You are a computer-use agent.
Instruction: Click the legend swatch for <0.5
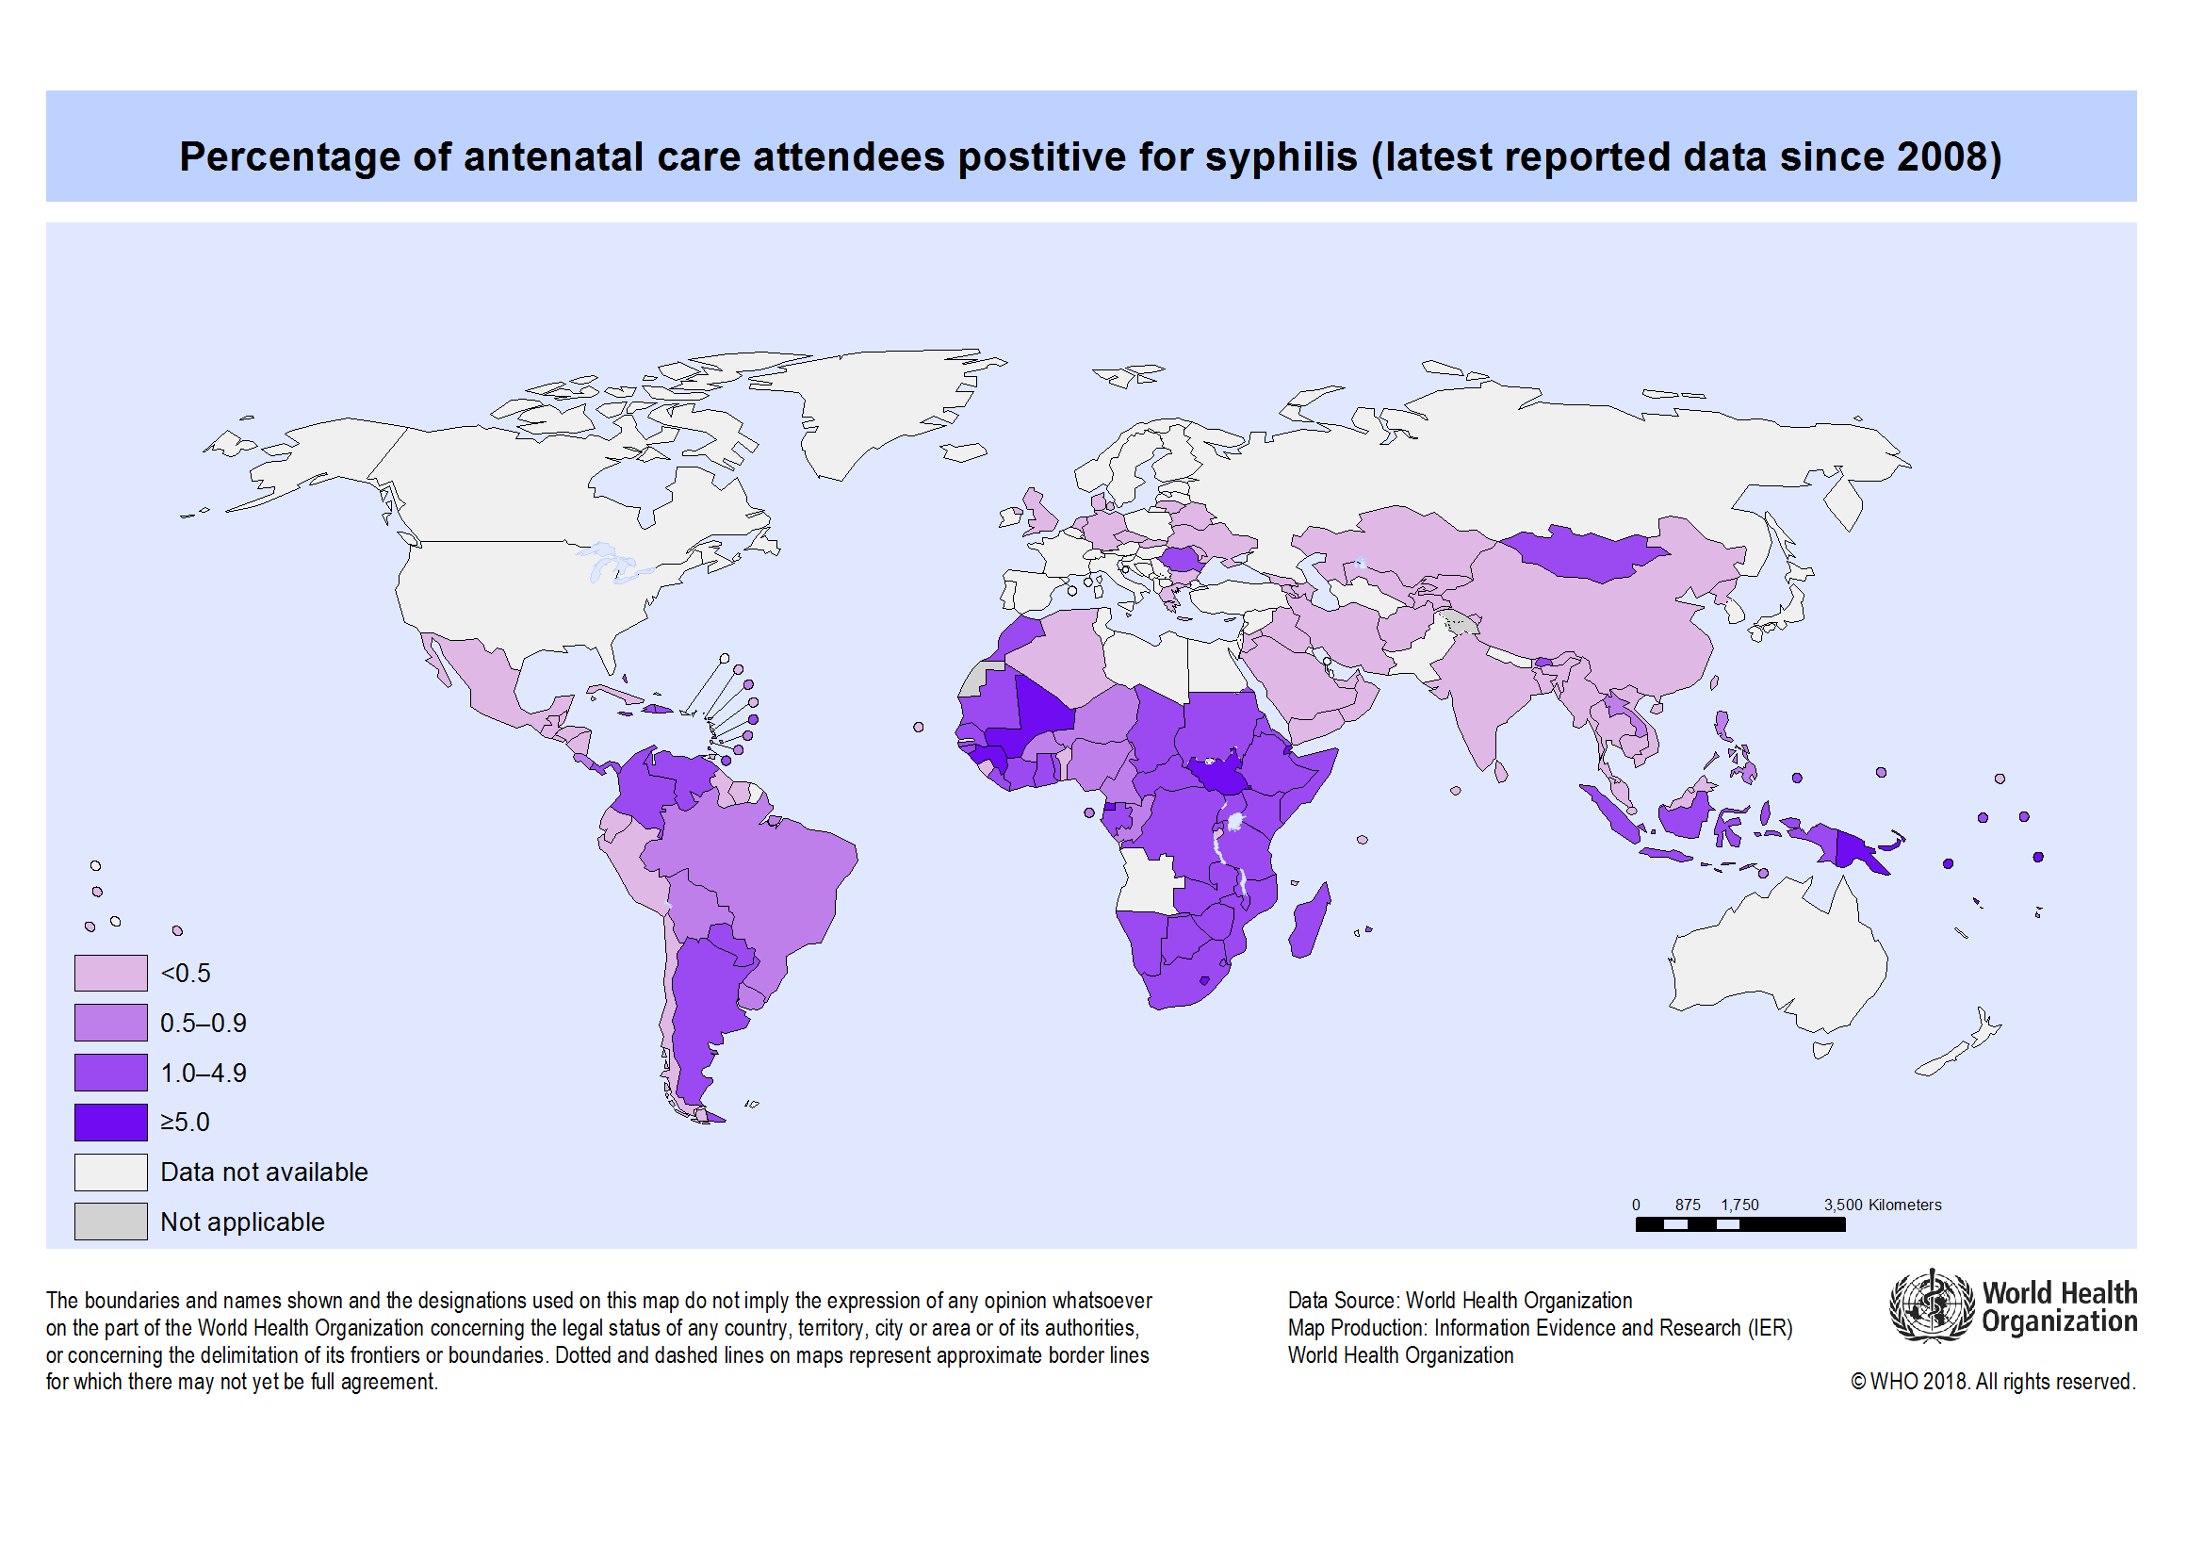[x=110, y=973]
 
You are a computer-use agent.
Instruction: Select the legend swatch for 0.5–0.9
[x=110, y=1023]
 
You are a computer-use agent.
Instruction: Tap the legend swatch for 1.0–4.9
[x=110, y=1073]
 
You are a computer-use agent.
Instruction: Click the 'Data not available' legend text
[x=264, y=1173]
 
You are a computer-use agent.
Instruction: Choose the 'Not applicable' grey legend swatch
[x=110, y=1222]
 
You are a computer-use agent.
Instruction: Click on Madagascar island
[x=1309, y=922]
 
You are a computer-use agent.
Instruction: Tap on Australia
[x=1776, y=959]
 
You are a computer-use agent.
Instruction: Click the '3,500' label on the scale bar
[x=1842, y=1205]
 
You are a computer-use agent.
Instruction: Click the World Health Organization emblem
[x=1932, y=1306]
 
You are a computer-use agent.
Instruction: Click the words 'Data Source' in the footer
[x=1342, y=1301]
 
